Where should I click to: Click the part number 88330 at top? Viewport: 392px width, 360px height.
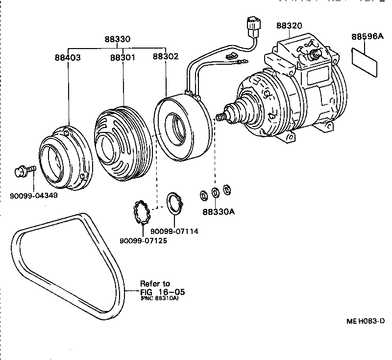117,40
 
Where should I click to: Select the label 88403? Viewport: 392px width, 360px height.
68,57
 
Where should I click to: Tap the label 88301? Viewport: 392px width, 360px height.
122,57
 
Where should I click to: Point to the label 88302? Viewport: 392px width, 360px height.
165,57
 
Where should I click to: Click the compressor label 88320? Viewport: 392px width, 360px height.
289,26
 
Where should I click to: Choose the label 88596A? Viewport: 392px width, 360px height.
367,37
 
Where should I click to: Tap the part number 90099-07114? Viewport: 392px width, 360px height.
174,231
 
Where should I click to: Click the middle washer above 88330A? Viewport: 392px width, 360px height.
215,192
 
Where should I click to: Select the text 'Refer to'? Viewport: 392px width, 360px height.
155,283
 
